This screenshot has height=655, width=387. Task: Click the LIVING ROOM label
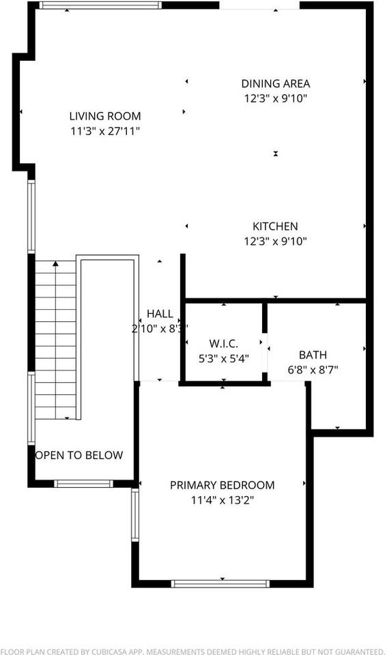[x=105, y=116]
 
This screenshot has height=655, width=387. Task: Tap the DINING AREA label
[x=276, y=84]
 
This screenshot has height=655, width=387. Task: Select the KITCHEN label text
[x=275, y=227]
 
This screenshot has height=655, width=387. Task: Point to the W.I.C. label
[x=223, y=343]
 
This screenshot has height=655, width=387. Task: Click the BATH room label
[x=313, y=355]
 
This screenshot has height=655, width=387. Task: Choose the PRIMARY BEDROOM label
[x=222, y=485]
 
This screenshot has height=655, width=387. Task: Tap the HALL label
[x=160, y=314]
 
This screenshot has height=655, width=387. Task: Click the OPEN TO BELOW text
[x=78, y=455]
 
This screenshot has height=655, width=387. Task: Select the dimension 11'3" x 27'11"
[x=105, y=131]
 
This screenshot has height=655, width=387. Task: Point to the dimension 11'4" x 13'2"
[x=222, y=500]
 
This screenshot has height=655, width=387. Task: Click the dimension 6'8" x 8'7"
[x=313, y=370]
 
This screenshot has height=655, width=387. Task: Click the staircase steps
[x=55, y=341]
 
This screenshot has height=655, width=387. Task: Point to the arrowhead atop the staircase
[x=55, y=263]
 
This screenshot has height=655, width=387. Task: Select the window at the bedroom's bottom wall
[x=220, y=584]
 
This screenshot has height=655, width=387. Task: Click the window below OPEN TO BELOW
[x=83, y=484]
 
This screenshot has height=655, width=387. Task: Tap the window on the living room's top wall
[x=100, y=5]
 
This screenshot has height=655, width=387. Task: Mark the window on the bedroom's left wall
[x=134, y=514]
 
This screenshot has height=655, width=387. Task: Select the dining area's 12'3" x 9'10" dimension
[x=276, y=98]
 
